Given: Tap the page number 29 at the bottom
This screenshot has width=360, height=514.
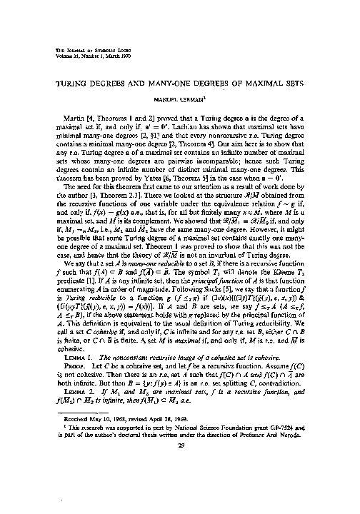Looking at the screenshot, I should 178,483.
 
